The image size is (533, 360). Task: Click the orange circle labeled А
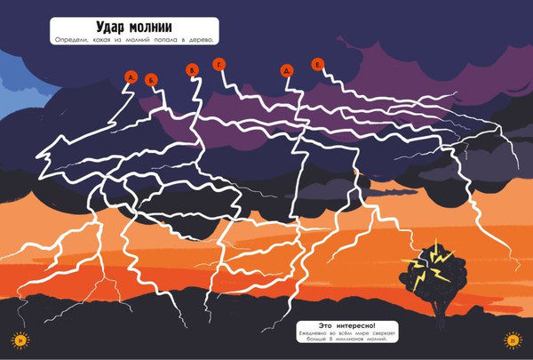[x=131, y=78]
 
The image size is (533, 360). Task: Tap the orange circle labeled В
[x=192, y=69]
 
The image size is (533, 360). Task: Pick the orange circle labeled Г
[x=219, y=62]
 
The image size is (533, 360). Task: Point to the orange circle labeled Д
[x=286, y=70]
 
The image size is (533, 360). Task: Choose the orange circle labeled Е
[x=318, y=63]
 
